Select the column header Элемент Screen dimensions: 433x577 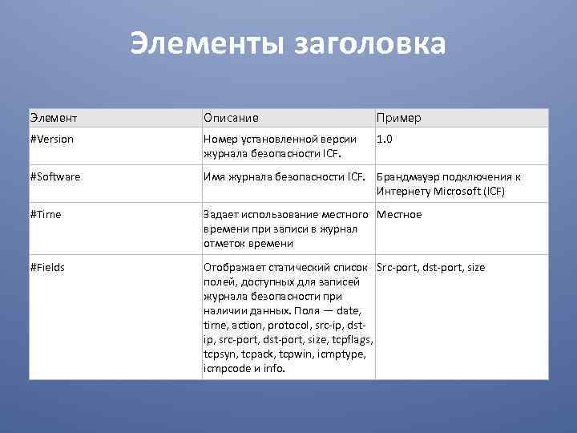54,118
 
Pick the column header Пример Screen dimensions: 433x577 398,118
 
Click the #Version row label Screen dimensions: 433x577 52,139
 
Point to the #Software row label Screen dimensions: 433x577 55,176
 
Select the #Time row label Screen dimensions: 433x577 46,214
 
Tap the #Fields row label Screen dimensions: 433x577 48,267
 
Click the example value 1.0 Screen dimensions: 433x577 385,139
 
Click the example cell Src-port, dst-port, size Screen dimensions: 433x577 430,267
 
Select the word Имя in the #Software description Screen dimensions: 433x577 214,177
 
